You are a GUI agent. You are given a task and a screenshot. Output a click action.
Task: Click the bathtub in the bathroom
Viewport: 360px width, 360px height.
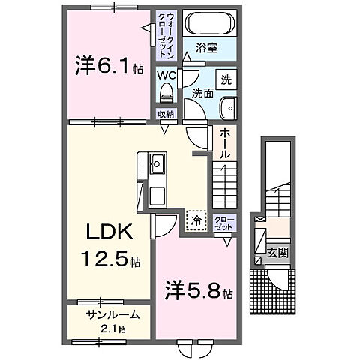pyautogui.click(x=208, y=22)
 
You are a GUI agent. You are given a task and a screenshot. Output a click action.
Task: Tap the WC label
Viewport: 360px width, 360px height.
pyautogui.click(x=166, y=75)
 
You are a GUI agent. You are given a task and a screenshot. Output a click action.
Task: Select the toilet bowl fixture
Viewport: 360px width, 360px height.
pyautogui.click(x=166, y=93)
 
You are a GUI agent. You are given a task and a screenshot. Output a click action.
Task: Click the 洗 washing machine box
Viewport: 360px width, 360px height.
pyautogui.click(x=226, y=77)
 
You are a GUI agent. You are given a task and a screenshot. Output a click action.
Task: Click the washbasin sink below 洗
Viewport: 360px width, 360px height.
pyautogui.click(x=227, y=109)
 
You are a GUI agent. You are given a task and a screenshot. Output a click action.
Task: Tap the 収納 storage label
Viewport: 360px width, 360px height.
pyautogui.click(x=166, y=115)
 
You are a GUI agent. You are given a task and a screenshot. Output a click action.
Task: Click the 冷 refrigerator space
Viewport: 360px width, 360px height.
pyautogui.click(x=196, y=220)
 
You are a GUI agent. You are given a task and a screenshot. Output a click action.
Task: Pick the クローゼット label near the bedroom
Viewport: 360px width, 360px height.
pyautogui.click(x=224, y=222)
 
